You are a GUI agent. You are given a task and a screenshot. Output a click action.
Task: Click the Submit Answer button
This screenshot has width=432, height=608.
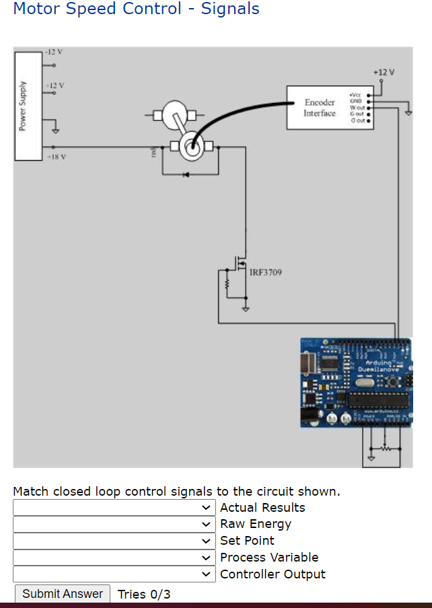pyautogui.click(x=62, y=593)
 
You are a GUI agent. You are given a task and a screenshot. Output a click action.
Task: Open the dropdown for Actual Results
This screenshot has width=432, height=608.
pyautogui.click(x=114, y=508)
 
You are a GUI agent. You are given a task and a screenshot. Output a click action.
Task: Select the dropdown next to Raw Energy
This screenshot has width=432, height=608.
pyautogui.click(x=114, y=524)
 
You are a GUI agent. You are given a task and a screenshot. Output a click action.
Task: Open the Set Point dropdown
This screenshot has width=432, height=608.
pyautogui.click(x=114, y=541)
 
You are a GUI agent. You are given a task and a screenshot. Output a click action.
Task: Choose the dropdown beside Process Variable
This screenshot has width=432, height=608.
pyautogui.click(x=114, y=558)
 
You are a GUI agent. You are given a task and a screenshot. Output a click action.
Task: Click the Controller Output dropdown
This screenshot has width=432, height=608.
pyautogui.click(x=114, y=574)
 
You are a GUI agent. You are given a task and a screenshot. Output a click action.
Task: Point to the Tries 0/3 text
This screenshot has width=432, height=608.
pyautogui.click(x=144, y=594)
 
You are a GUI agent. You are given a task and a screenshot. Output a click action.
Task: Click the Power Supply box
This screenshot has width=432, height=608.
pyautogui.click(x=28, y=106)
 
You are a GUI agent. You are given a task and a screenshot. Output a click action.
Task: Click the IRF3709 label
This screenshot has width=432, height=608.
pyautogui.click(x=266, y=272)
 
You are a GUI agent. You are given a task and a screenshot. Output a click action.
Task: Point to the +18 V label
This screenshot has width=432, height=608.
pyautogui.click(x=55, y=156)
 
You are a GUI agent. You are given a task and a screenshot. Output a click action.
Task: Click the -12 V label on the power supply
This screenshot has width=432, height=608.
pyautogui.click(x=53, y=52)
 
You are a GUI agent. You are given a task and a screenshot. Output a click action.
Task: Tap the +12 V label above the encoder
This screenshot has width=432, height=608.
pyautogui.click(x=384, y=71)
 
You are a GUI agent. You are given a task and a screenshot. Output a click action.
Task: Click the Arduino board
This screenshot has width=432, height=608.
pyautogui.click(x=356, y=382)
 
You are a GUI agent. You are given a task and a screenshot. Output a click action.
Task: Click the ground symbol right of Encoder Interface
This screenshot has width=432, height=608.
pyautogui.click(x=408, y=112)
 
